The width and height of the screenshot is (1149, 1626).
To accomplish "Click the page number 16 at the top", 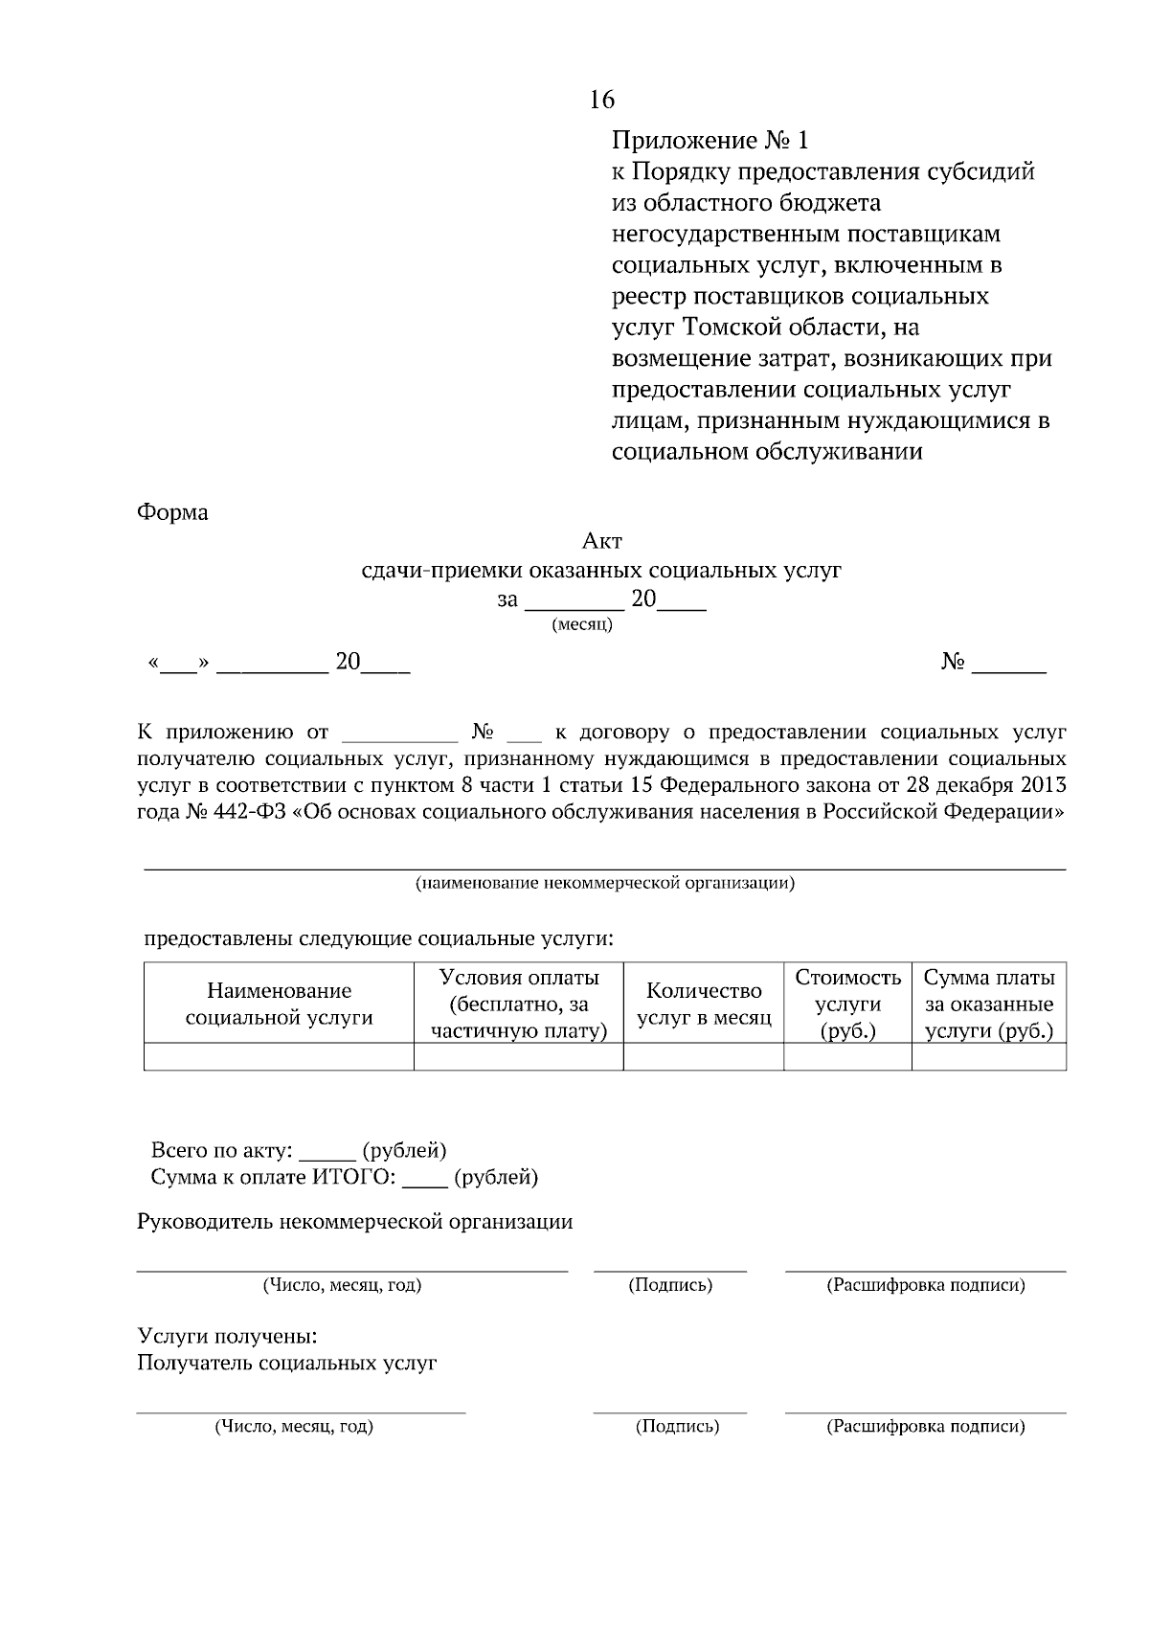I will coord(602,100).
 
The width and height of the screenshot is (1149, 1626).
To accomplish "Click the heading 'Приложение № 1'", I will coord(710,141).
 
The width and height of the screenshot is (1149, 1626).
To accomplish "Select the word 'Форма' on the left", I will coord(172,512).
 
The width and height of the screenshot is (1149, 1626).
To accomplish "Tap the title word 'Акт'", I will coord(602,543).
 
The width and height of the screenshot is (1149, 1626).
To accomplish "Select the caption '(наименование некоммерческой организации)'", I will coord(604,883).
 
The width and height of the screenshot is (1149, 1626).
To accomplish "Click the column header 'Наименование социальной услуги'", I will coord(279,1005).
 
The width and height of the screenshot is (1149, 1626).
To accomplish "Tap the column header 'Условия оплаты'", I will coord(519,978).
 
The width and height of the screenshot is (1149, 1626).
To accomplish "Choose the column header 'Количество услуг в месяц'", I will coord(704,1005).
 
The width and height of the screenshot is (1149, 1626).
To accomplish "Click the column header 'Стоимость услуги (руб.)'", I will coord(847,1005).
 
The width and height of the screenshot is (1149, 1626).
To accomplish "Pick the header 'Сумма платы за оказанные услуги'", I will coord(989,1005).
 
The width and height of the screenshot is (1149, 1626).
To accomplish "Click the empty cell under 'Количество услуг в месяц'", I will coord(704,1057).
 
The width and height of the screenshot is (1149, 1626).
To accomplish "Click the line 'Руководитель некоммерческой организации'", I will coord(355,1222).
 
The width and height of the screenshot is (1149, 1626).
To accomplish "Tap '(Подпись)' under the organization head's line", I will coord(670,1285).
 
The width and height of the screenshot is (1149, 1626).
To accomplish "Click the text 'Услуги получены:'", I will coord(227,1336).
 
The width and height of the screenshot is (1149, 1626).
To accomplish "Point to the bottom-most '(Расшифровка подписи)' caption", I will coord(925,1427).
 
